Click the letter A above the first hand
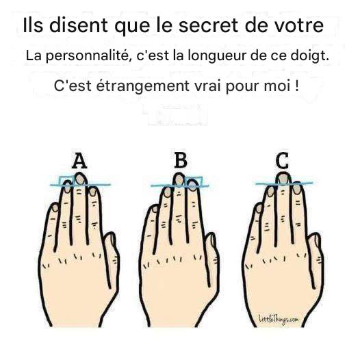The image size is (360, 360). (79, 161)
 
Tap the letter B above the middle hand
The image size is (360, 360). (181, 160)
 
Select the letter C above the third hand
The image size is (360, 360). (282, 160)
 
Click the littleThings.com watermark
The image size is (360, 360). (279, 320)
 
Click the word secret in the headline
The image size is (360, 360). (208, 25)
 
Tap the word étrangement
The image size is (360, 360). (143, 86)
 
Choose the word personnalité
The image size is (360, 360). (89, 56)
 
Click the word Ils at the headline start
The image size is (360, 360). (33, 25)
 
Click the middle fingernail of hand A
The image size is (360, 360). (79, 179)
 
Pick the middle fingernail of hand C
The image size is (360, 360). (283, 179)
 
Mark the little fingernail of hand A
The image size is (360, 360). (55, 208)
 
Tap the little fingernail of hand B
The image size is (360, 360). (155, 209)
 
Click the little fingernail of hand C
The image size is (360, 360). (259, 208)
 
